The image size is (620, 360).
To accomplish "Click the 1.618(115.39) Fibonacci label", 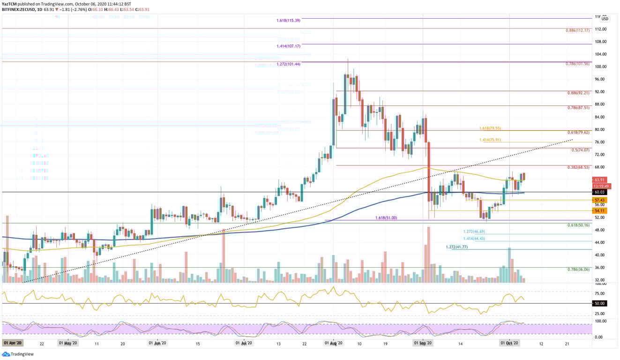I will pos(288,21).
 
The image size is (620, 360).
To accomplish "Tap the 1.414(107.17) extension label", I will pos(288,46).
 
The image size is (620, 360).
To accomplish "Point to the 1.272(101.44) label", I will pos(288,64).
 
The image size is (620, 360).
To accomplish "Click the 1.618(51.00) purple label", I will pos(387,218).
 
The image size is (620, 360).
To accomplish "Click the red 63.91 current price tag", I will pos(600,180).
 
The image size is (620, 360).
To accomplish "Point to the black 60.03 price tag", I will pos(600,192).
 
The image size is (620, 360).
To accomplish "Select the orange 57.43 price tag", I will pos(600,200).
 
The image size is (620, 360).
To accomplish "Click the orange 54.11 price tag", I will pos(600,211).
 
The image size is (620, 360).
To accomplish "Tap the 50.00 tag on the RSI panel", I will pos(600,304).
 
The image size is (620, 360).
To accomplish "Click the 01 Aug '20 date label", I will pos(333,344).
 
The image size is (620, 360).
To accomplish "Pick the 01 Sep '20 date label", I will pos(423,344).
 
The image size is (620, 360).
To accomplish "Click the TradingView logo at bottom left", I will pos(15,355).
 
